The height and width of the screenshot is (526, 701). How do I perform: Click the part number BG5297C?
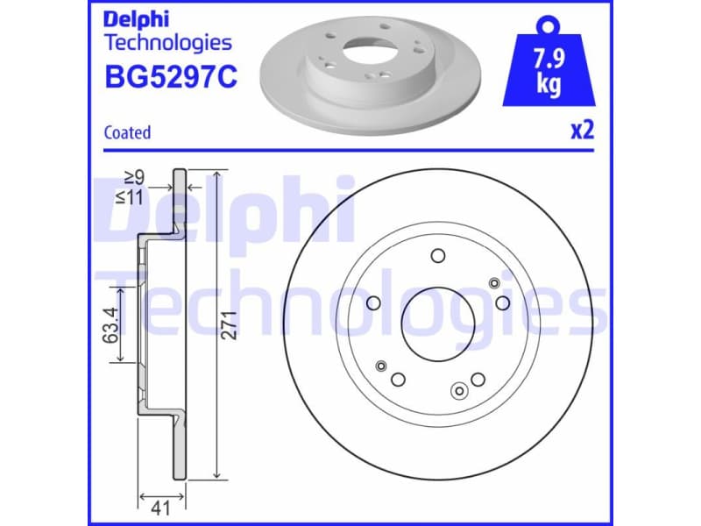[x=170, y=77]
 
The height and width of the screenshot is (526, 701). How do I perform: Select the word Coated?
[x=127, y=132]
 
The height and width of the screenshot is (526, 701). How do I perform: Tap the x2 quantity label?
[x=582, y=131]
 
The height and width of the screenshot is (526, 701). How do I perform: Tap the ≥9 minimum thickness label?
[x=132, y=179]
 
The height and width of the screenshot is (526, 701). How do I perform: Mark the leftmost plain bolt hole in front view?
[x=374, y=303]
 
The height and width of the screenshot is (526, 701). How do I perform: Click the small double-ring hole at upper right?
[x=494, y=282]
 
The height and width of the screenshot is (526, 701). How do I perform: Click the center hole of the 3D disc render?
[x=369, y=51]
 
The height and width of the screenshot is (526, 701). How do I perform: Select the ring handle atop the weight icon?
[x=549, y=24]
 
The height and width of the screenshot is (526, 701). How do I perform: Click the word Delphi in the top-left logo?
[x=136, y=18]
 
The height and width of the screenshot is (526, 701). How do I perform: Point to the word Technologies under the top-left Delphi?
[x=167, y=42]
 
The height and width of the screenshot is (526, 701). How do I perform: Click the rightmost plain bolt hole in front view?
[x=502, y=302]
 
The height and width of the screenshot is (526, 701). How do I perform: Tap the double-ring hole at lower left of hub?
[x=380, y=365]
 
